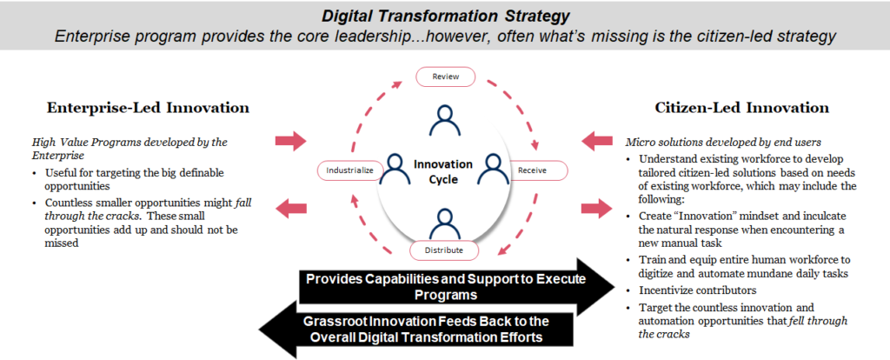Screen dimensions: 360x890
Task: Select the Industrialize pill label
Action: click(349, 170)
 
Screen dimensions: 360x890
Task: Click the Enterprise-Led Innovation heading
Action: click(148, 108)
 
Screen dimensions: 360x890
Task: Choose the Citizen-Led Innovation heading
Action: click(741, 108)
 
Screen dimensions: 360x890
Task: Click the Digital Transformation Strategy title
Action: click(444, 15)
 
